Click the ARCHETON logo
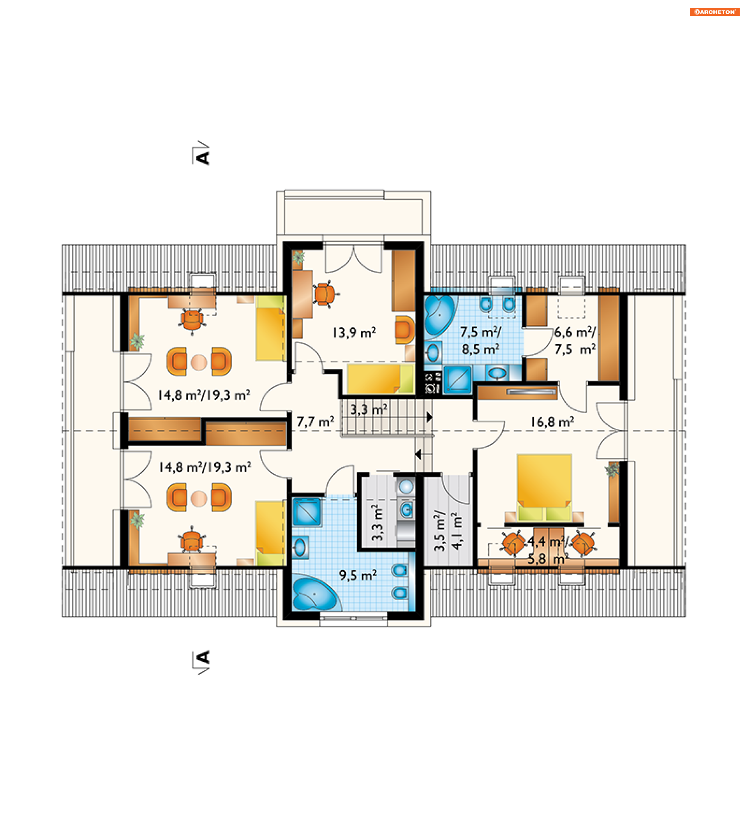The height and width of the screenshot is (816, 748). point(715,12)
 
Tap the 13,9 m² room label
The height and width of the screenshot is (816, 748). point(354,333)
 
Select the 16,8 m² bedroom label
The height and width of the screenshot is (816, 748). point(552,422)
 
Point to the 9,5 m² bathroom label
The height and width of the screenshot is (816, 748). point(358,575)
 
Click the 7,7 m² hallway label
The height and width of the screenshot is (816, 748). point(315,422)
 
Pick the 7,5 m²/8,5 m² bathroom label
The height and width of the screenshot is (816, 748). point(480,341)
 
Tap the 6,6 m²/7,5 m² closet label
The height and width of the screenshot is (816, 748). point(575,341)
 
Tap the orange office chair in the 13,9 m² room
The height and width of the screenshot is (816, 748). point(325,294)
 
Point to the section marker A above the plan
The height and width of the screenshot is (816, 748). point(201,154)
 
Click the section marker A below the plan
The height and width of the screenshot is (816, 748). point(201,662)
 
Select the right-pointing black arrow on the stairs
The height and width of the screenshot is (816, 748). point(430,417)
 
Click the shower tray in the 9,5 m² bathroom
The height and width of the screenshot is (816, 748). point(307,512)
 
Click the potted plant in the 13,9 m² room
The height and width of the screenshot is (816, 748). point(299,257)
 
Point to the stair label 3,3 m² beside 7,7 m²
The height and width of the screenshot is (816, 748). point(369,409)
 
